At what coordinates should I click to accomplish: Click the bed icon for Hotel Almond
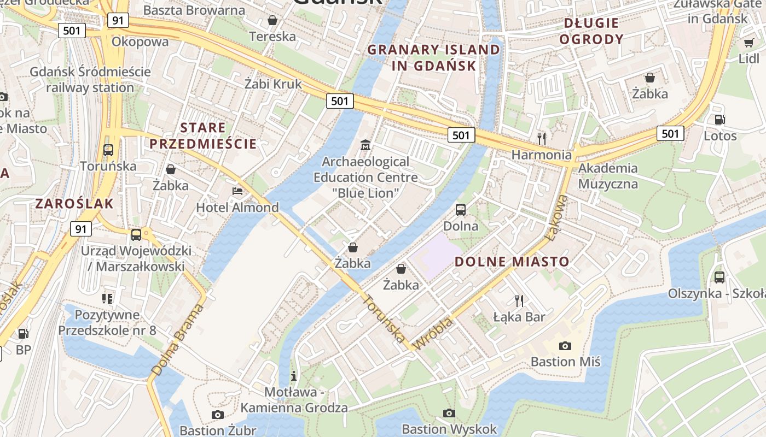tap(237, 191)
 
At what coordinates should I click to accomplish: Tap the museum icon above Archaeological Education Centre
tap(365, 145)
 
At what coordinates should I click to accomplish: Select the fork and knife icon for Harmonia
tap(542, 138)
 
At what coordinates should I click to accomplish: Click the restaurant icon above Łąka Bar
tap(519, 300)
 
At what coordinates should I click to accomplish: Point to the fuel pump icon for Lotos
tap(719, 119)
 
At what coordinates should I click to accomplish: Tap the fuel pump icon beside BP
tap(23, 333)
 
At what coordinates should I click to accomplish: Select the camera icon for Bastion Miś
tap(565, 345)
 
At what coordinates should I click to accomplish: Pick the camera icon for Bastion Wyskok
tap(449, 412)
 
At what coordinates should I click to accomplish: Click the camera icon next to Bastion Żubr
tap(218, 415)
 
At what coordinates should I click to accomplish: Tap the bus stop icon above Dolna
tap(461, 209)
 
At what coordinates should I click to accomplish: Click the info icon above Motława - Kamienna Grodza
tap(294, 375)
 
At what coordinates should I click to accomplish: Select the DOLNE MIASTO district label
tap(512, 262)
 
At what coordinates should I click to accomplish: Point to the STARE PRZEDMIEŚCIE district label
tap(203, 136)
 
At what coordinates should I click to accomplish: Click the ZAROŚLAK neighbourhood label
tap(74, 204)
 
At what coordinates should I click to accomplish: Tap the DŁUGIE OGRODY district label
tap(591, 31)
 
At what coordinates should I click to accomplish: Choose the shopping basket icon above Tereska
tap(272, 20)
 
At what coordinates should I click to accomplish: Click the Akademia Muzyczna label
tap(608, 175)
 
